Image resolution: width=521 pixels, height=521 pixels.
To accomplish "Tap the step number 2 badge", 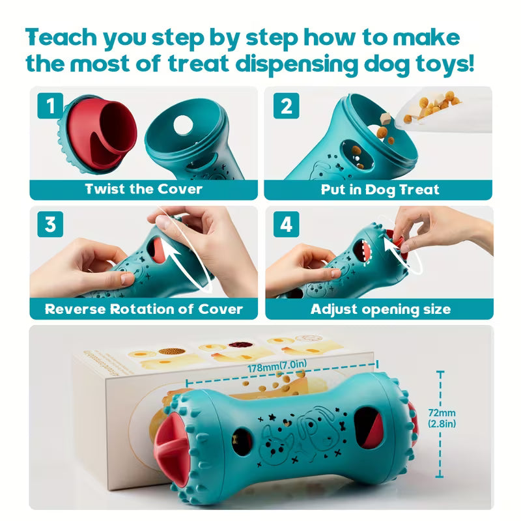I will point(286,106).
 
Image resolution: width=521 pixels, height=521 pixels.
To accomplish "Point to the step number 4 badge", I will point(286,225).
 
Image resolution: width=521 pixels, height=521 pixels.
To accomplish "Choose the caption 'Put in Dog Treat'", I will point(380,190).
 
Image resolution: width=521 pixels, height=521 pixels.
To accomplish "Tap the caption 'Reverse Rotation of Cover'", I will point(143,309).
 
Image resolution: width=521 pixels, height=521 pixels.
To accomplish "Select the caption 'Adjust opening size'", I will point(380,309).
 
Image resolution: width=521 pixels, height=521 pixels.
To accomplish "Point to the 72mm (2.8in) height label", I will point(442,418).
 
